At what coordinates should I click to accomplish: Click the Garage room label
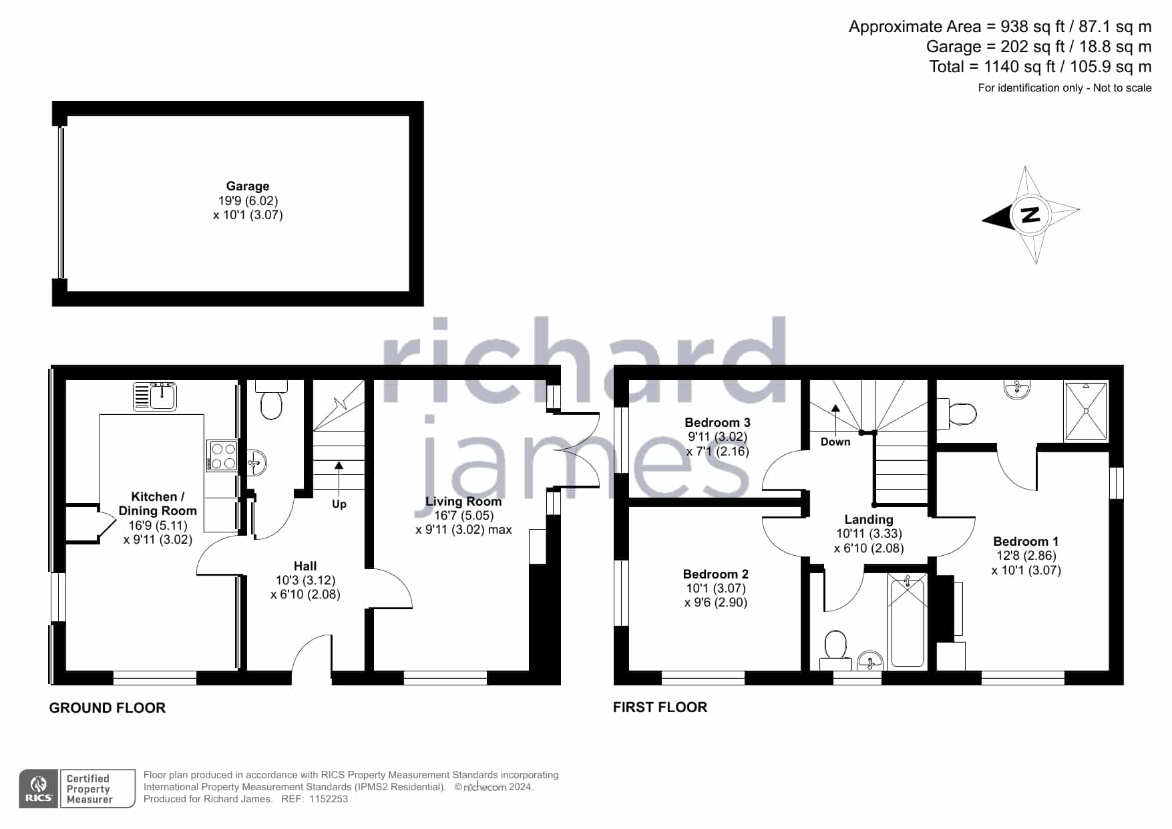click(248, 186)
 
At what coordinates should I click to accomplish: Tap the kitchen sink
click(155, 396)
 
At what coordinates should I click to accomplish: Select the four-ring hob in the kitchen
click(222, 456)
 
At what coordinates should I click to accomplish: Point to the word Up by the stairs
click(339, 504)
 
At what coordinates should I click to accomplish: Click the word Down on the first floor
click(835, 442)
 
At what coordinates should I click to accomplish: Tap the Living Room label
click(463, 502)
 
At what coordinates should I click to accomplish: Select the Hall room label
click(305, 566)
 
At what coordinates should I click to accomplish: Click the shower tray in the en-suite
click(1086, 411)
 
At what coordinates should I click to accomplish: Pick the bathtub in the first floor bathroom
click(908, 622)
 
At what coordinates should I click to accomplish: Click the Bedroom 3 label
click(717, 423)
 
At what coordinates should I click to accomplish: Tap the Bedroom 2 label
click(716, 574)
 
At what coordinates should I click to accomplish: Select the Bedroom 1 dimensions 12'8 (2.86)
click(1026, 556)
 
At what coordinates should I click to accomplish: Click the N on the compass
click(1031, 215)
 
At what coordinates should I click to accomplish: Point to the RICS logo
click(39, 789)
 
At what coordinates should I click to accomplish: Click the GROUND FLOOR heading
click(108, 708)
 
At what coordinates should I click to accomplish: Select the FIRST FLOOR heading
click(660, 707)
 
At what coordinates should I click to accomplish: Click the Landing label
click(869, 520)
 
